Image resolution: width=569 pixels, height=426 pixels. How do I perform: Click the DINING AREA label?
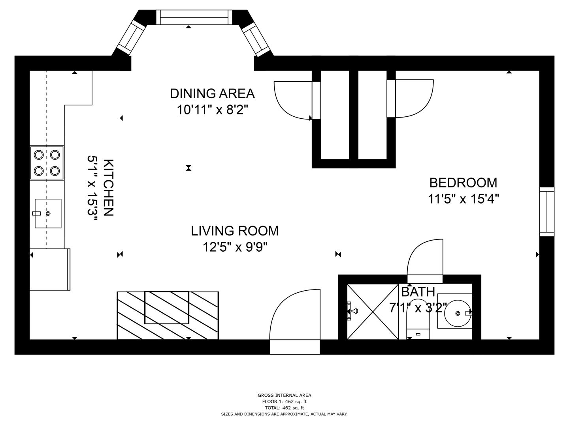click(212, 93)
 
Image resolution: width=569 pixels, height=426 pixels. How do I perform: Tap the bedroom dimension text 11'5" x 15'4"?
click(463, 200)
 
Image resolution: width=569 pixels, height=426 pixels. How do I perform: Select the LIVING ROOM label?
click(235, 231)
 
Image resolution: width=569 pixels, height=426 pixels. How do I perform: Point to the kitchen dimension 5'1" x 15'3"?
click(92, 188)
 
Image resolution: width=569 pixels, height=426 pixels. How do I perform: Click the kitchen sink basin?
click(48, 213)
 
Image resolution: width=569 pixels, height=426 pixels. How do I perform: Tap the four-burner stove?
click(47, 163)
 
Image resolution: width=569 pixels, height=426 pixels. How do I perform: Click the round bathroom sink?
click(457, 313)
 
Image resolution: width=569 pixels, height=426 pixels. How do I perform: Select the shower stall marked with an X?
click(373, 312)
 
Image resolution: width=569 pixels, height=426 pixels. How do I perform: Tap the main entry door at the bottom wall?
click(295, 321)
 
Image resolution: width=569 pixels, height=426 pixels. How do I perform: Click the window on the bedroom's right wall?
click(547, 212)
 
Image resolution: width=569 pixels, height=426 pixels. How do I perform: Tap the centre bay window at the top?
click(194, 17)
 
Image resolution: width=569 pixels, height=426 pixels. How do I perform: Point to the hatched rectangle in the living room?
click(168, 315)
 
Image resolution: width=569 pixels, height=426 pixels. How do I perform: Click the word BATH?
click(418, 292)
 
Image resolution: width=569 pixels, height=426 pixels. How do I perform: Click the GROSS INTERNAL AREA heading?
click(284, 395)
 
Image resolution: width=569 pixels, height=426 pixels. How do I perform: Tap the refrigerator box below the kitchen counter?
click(50, 269)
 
